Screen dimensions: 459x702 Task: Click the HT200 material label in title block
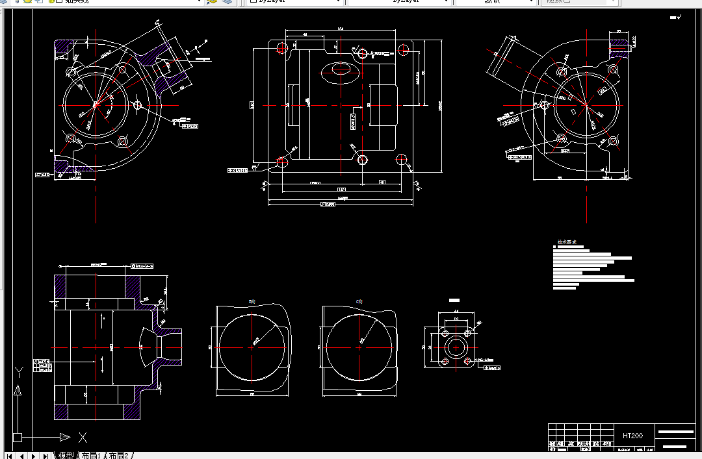(x=632, y=435)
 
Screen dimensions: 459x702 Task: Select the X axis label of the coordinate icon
(x=83, y=437)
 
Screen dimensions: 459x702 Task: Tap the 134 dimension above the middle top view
(x=341, y=29)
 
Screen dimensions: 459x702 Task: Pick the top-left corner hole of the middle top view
(x=281, y=47)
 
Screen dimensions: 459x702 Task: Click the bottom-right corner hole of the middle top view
(x=402, y=159)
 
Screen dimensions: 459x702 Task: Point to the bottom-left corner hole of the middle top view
(x=282, y=160)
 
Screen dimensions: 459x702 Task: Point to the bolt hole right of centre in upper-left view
(x=137, y=105)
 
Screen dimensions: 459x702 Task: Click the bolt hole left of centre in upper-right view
(x=544, y=105)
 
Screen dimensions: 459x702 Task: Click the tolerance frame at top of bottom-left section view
(x=142, y=266)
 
